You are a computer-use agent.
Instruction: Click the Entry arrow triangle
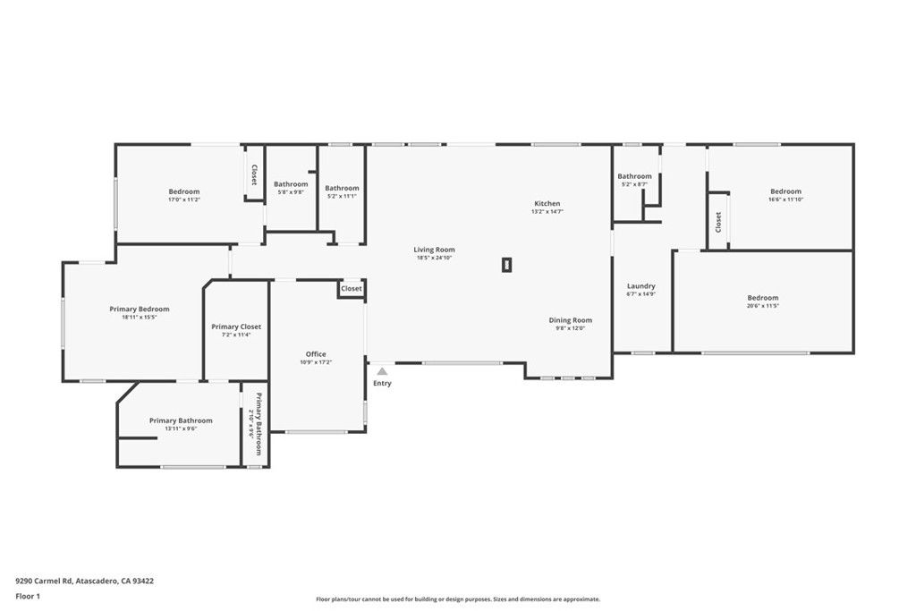tap(382, 370)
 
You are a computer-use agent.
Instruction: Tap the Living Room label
tap(434, 250)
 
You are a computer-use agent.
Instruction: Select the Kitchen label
tap(547, 204)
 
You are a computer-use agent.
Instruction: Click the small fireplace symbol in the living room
tap(506, 264)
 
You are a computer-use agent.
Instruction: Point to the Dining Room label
tap(570, 320)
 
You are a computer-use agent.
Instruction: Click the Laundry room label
tap(640, 286)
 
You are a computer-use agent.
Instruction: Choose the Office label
tap(316, 354)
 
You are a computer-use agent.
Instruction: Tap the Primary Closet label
tap(237, 327)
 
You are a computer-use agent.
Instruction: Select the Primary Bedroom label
tap(140, 310)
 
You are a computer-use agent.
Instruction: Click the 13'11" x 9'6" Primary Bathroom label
tap(181, 420)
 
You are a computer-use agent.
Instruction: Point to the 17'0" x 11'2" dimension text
tap(184, 199)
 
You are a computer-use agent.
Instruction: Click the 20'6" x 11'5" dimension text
tap(763, 306)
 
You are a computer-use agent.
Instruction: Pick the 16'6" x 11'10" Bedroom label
tap(785, 191)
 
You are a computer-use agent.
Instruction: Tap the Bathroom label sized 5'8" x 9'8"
tap(291, 184)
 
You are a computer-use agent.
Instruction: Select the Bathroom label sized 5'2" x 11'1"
tap(342, 188)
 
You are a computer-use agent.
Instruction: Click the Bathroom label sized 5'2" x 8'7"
tap(634, 176)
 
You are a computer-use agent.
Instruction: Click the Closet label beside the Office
tap(352, 289)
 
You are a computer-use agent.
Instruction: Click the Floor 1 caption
tap(28, 596)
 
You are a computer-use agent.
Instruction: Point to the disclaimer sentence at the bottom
tap(457, 599)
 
